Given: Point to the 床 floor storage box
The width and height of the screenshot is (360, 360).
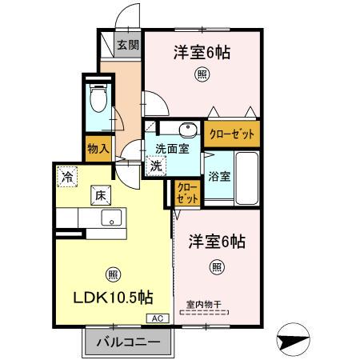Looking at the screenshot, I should pos(102,194).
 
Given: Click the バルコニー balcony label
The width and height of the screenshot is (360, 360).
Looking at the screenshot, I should pos(128,343).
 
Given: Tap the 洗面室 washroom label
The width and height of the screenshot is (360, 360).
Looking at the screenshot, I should pos(171,148).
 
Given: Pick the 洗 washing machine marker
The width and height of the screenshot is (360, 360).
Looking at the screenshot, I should pos(157,166).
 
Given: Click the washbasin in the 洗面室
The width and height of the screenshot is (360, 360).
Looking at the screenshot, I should pos(189,130).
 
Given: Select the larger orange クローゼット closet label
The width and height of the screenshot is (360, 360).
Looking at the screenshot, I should pos(232,134).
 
